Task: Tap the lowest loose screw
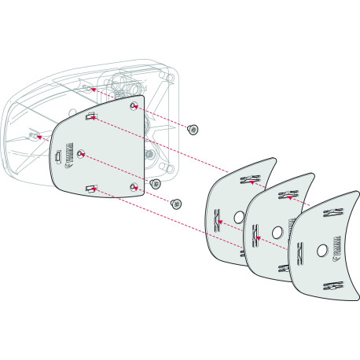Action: click(177, 203)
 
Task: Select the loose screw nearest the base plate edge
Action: click(156, 183)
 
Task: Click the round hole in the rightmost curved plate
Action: click(321, 251)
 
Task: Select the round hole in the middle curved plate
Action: click(277, 233)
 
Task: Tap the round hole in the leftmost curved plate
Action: click(239, 216)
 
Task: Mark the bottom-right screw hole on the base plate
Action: click(134, 186)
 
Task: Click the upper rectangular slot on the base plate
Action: click(92, 117)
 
